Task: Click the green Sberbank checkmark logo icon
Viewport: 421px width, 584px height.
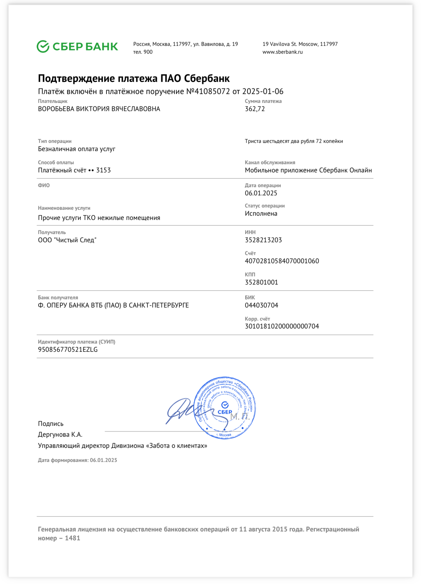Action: (x=43, y=47)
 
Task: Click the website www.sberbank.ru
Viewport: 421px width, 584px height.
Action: (x=282, y=52)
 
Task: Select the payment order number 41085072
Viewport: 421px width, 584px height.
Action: (x=212, y=91)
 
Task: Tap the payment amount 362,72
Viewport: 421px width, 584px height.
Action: (x=255, y=109)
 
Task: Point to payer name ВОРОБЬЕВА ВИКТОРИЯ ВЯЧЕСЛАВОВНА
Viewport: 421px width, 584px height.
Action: (x=99, y=109)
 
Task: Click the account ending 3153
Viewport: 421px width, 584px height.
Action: (x=103, y=170)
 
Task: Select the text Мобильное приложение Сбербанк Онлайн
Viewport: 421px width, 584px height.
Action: (x=308, y=170)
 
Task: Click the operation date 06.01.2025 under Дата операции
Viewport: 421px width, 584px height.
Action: (x=261, y=193)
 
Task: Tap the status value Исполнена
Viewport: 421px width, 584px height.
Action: (x=261, y=213)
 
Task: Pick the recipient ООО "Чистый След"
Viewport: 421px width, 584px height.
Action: (x=67, y=240)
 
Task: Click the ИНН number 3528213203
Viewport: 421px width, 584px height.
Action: (x=263, y=240)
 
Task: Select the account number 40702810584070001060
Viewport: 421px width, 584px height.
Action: (x=282, y=261)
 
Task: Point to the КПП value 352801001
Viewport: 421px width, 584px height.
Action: (x=261, y=282)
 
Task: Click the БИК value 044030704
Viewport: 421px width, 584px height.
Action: (x=261, y=305)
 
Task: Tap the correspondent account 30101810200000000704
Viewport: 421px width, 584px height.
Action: (x=282, y=326)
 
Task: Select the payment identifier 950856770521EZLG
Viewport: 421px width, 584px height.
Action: (x=68, y=350)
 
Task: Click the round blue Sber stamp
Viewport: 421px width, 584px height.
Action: (x=225, y=408)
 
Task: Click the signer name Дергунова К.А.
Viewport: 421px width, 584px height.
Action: (x=60, y=434)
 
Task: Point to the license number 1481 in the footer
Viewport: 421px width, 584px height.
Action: (x=72, y=538)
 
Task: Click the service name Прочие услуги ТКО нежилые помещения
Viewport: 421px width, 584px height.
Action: (x=99, y=218)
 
